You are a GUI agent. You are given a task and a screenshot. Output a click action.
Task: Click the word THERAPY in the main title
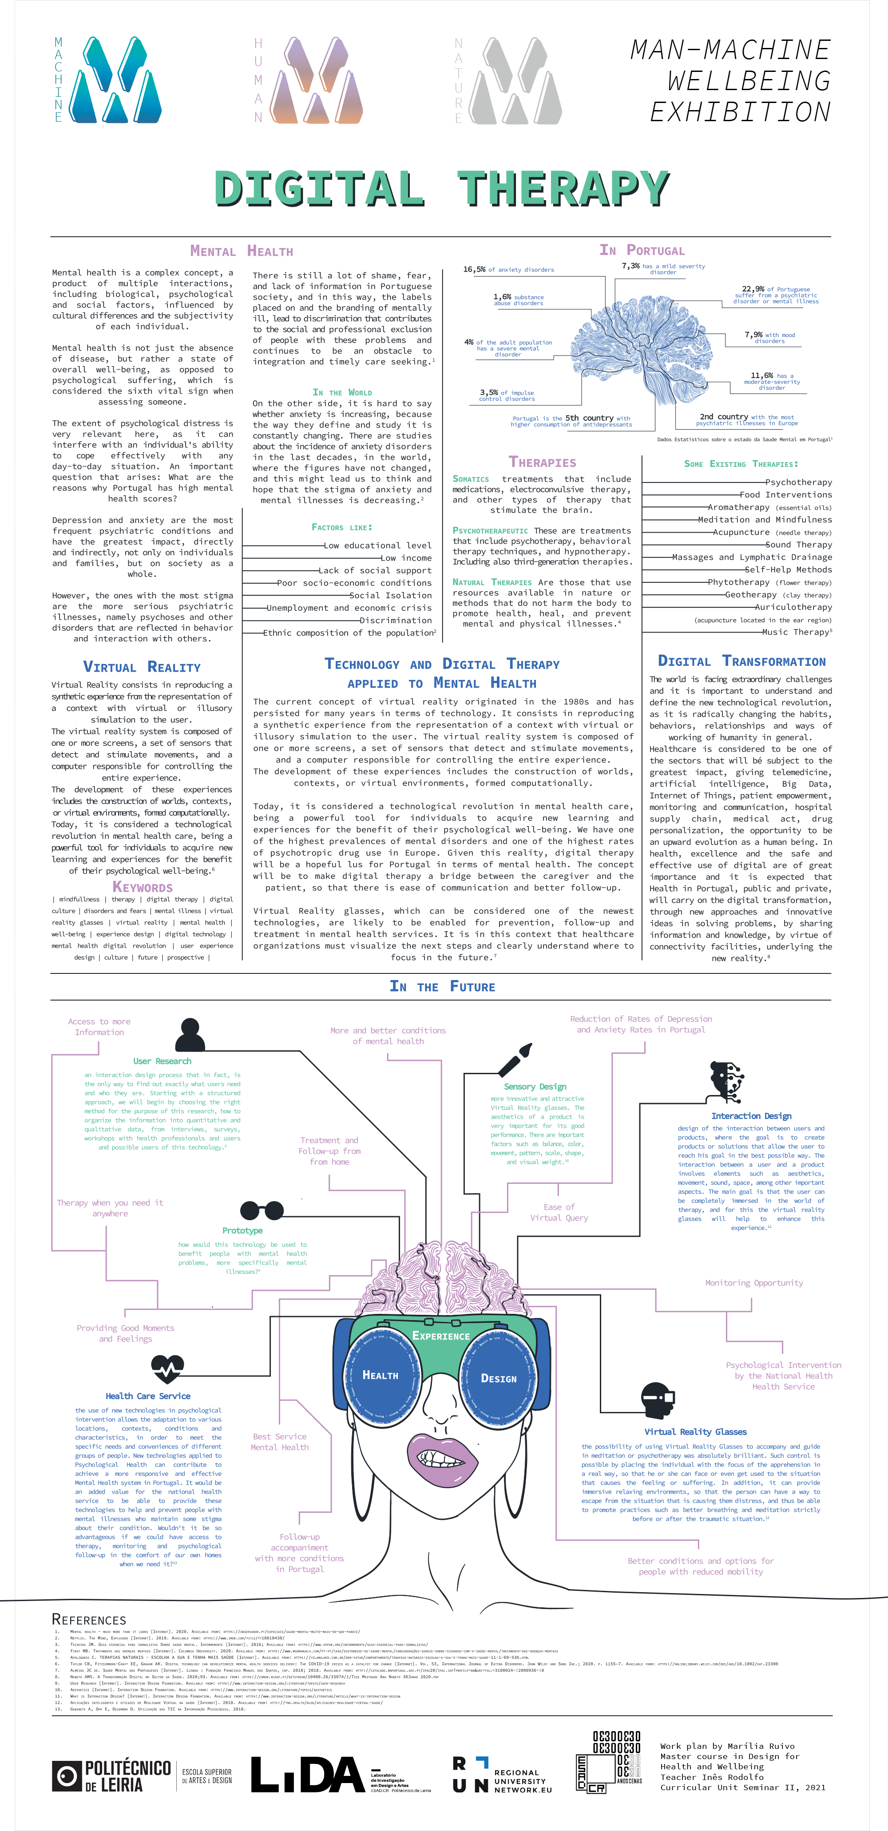[562, 188]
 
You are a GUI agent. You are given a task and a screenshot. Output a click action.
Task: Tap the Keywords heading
[142, 887]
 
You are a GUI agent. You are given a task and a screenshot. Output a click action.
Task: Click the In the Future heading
[442, 987]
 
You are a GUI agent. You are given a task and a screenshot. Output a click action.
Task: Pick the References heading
[89, 1620]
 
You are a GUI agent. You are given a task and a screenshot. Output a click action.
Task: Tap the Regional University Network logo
[502, 1775]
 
